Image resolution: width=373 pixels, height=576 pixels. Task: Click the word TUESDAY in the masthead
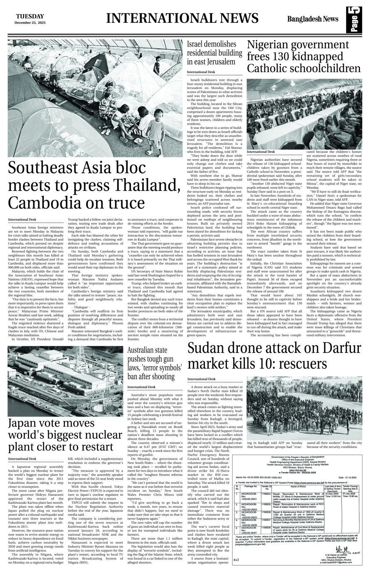coord(30,16)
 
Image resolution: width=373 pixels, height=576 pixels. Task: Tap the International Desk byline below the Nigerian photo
coord(261,152)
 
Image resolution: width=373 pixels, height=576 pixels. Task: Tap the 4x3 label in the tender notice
coord(236,560)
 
